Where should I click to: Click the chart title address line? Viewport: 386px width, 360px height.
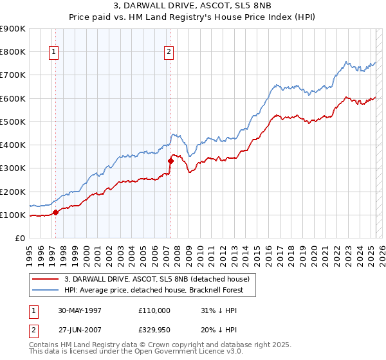coord(192,6)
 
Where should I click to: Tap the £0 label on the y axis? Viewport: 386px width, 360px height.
coord(20,239)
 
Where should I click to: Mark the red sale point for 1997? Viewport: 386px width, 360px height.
coord(55,212)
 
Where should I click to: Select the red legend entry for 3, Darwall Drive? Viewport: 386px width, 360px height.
coord(160,278)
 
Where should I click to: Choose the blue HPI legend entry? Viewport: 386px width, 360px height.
coord(160,290)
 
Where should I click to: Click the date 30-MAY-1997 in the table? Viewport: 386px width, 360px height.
coord(79,310)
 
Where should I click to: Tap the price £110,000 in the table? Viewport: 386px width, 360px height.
coord(154,310)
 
